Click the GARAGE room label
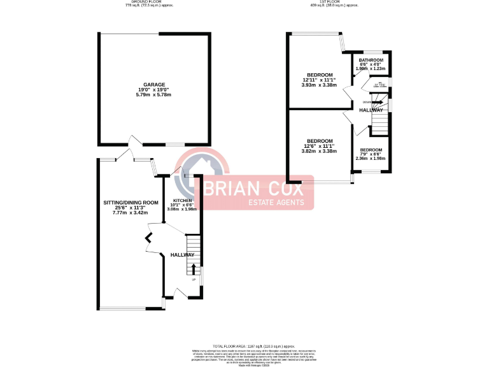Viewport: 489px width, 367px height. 153,84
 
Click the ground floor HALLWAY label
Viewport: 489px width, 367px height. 182,255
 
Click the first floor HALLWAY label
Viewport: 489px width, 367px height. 371,111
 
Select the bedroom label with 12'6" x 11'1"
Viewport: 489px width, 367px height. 319,141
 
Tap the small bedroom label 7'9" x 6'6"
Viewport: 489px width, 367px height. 371,150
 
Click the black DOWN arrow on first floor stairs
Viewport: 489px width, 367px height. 377,102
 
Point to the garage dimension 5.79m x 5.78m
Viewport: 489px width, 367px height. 153,95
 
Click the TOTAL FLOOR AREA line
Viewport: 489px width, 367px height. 244,345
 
